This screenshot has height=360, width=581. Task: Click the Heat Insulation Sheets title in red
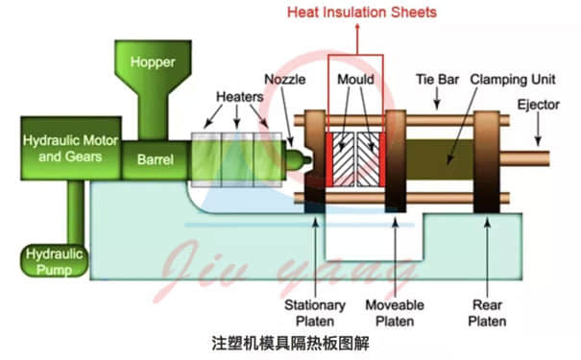[363, 12]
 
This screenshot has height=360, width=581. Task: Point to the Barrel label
[155, 160]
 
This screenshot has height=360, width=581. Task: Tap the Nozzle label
[286, 80]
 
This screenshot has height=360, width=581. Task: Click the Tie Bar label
[434, 78]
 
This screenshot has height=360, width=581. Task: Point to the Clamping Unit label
[509, 78]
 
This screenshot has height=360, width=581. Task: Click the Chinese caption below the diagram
[291, 342]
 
